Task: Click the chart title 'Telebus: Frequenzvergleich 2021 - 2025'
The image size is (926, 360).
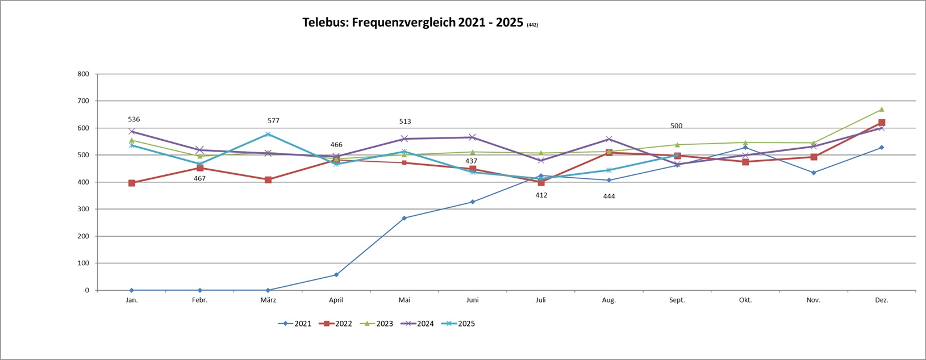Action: (412, 23)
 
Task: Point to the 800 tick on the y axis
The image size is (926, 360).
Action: (84, 74)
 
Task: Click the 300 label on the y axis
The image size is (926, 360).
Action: (84, 209)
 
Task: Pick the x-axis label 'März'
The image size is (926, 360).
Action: (268, 300)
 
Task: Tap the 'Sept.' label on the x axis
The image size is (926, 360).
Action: (677, 300)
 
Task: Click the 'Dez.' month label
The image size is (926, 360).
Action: (882, 300)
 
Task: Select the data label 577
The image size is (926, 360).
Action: (273, 121)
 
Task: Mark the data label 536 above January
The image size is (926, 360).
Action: (134, 119)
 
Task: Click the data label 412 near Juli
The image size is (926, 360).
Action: (541, 195)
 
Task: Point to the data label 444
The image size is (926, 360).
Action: (609, 196)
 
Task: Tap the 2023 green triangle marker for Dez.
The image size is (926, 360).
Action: (882, 109)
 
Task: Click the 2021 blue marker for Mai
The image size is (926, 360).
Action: (404, 218)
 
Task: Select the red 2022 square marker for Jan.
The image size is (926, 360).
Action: (132, 183)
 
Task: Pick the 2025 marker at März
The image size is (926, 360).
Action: (268, 134)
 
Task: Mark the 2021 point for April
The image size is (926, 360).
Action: (336, 275)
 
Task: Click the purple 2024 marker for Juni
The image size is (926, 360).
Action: (473, 137)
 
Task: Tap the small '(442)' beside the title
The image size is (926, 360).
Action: (532, 25)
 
